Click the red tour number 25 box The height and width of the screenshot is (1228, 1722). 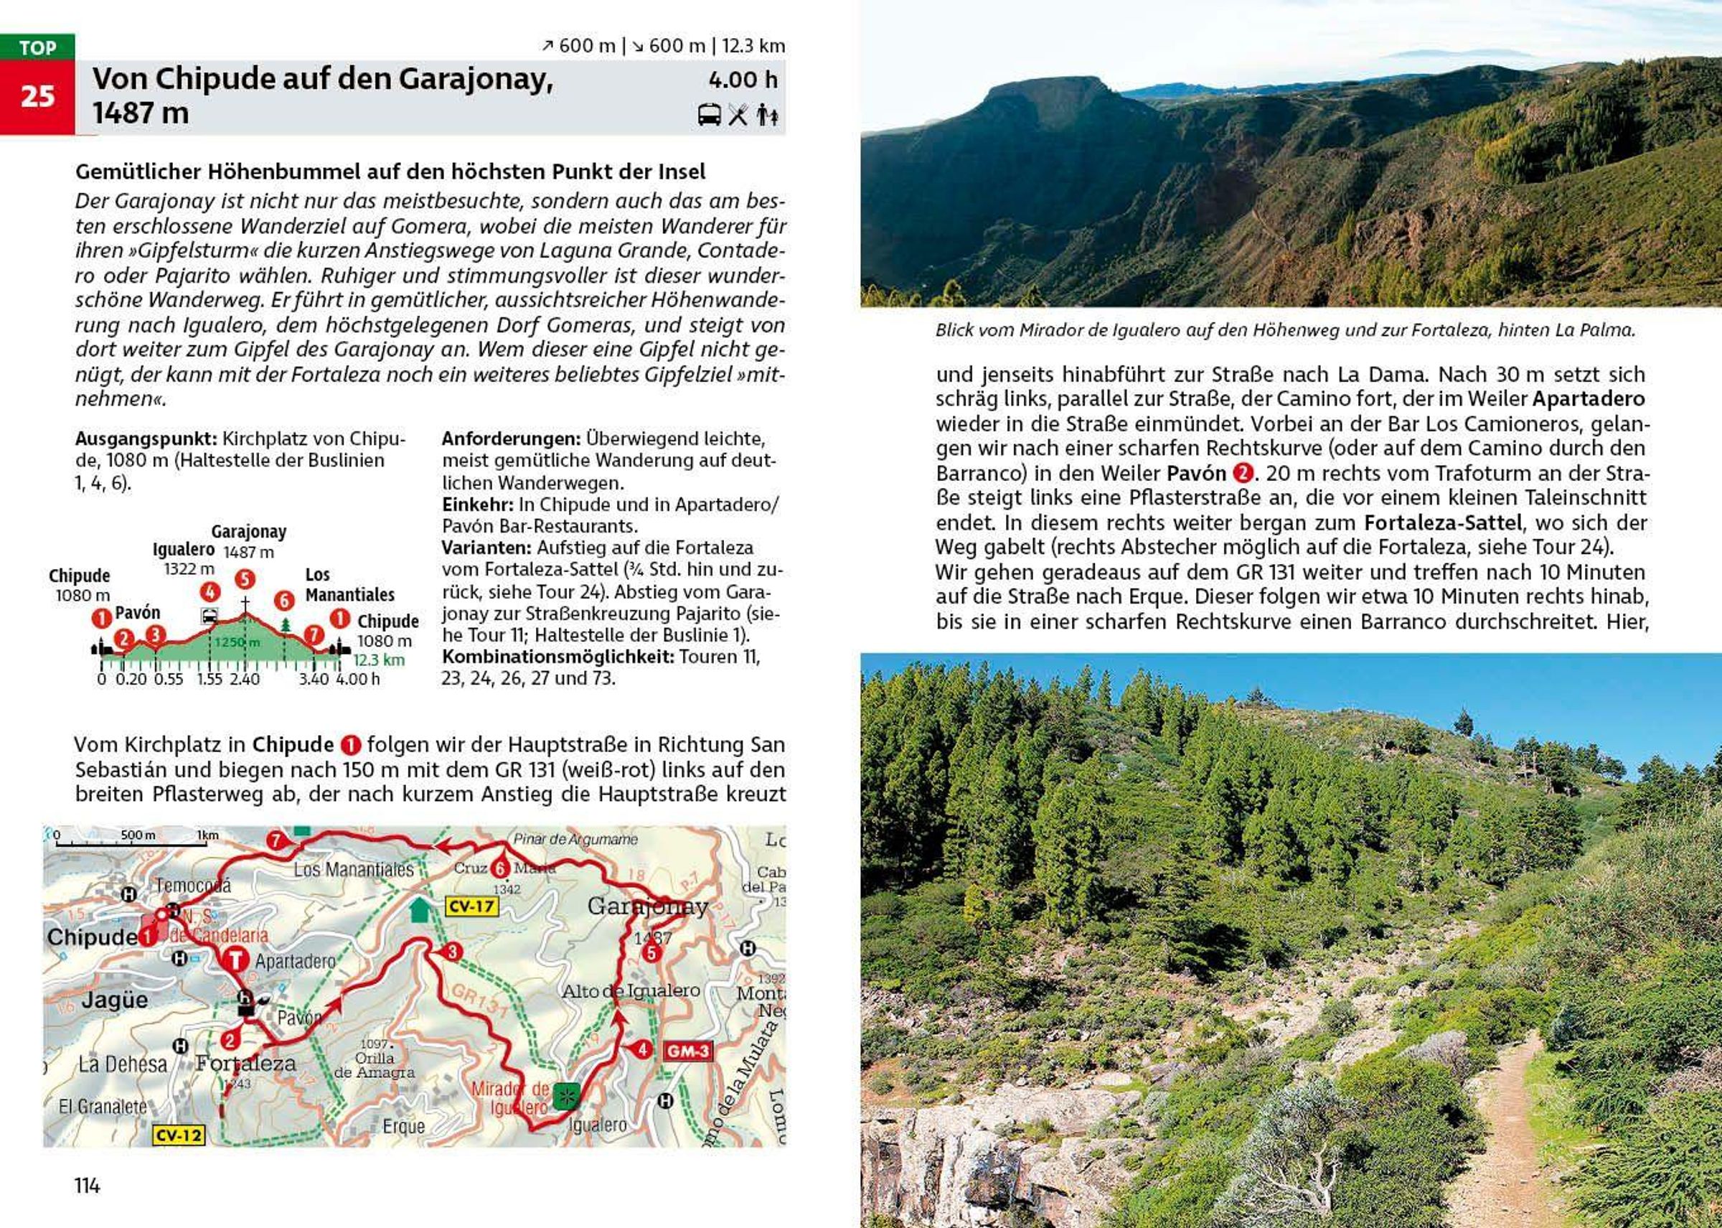coord(37,97)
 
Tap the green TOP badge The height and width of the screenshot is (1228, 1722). coord(37,47)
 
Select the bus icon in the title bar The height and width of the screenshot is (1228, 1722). coord(708,115)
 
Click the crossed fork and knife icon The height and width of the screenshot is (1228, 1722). coord(738,115)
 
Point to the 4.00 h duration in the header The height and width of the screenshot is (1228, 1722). coord(743,80)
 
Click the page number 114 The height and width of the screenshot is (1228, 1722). coord(87,1185)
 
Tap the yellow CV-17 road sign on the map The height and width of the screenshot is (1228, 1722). coord(471,906)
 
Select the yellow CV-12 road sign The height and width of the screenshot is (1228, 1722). coord(179,1134)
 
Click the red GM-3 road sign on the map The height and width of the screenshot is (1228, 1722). coord(687,1050)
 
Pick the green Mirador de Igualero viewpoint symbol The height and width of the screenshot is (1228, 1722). coord(564,1095)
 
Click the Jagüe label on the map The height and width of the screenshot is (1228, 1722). coord(114,1000)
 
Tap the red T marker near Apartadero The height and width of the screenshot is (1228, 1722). coord(237,960)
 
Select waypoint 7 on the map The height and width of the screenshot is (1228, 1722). coord(276,840)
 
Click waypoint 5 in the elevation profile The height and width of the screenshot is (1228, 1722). coord(244,579)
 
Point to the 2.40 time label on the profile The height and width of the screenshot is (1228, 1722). coord(244,679)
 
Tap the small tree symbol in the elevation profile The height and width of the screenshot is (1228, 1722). coord(285,624)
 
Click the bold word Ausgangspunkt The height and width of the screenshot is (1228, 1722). coord(146,439)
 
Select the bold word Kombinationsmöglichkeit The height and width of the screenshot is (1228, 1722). coord(557,655)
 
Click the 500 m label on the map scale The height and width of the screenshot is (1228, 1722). coord(138,835)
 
